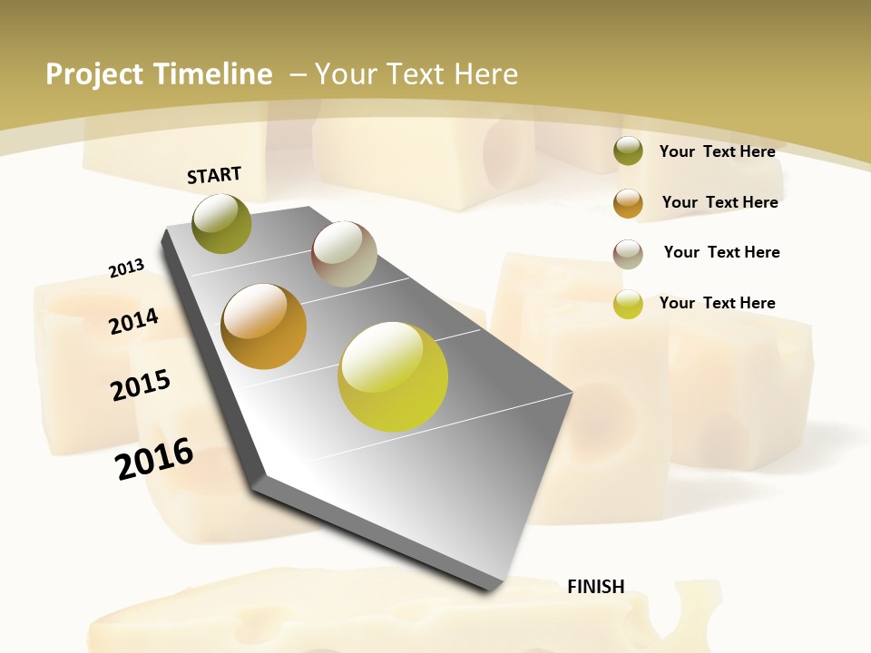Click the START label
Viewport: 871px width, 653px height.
click(x=214, y=174)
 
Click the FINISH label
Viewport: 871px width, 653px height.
click(x=595, y=586)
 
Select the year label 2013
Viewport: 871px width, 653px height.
click(x=126, y=268)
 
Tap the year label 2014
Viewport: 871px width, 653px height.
click(x=133, y=321)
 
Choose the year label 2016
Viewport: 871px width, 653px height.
click(x=154, y=458)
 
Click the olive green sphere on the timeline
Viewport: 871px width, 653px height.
click(x=222, y=223)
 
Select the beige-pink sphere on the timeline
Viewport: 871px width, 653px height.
click(x=344, y=254)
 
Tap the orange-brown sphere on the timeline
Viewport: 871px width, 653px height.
click(x=264, y=326)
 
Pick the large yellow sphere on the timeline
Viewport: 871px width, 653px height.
click(x=393, y=376)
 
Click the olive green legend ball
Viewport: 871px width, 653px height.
click(x=628, y=151)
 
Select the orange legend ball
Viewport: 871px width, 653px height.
click(x=628, y=203)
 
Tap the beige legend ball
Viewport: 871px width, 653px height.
click(x=628, y=253)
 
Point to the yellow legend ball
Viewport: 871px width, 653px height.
click(x=628, y=304)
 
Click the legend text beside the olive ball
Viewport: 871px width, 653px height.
click(x=717, y=151)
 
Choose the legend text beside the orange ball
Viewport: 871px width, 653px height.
click(x=719, y=202)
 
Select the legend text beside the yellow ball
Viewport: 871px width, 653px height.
click(x=717, y=303)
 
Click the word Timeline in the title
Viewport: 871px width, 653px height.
click(x=213, y=74)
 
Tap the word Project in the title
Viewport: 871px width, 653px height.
click(x=95, y=74)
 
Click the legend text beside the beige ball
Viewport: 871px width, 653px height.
click(x=721, y=252)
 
